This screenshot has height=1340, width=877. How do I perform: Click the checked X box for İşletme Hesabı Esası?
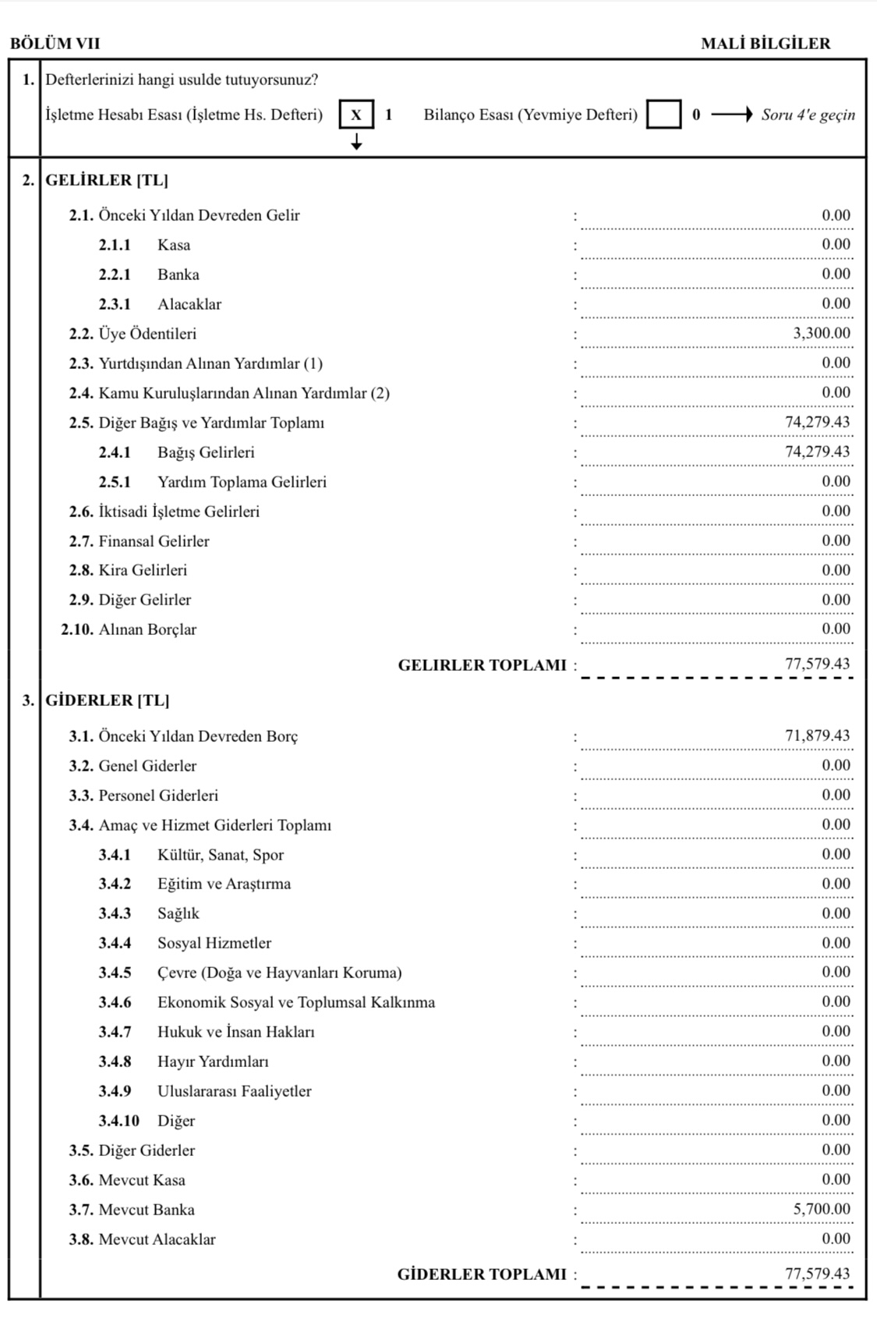coord(356,115)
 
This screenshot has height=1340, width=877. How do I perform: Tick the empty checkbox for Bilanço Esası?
coord(663,115)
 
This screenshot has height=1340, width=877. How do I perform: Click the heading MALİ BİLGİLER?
coord(766,44)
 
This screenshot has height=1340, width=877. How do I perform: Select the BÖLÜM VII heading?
coord(55,44)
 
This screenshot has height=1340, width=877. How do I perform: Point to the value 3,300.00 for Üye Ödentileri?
coord(822,334)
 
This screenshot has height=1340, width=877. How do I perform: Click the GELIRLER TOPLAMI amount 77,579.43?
coord(817,665)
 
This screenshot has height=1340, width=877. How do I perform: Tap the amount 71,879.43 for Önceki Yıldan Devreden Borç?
coord(817,736)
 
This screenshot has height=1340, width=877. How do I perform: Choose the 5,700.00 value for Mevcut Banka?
coord(822,1209)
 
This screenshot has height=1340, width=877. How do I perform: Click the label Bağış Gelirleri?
coord(206,452)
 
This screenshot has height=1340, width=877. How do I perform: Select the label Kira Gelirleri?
coord(143,570)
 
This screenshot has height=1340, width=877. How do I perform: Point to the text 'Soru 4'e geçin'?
coord(808,115)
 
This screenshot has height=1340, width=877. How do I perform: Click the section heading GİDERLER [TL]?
coord(107,700)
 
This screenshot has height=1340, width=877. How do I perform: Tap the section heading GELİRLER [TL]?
coord(107,180)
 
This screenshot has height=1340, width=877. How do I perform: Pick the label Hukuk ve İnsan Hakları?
coord(235,1032)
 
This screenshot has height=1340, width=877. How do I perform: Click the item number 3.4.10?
coord(118,1121)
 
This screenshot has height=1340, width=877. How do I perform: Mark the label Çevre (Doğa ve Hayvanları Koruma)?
coord(279,973)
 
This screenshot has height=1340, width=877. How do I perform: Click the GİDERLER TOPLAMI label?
coord(482,1274)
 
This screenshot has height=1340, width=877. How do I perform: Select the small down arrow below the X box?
coord(356,142)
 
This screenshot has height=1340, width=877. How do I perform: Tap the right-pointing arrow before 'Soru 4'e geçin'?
coord(731,115)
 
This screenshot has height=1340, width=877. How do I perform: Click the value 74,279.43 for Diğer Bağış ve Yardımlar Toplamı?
coord(817,423)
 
